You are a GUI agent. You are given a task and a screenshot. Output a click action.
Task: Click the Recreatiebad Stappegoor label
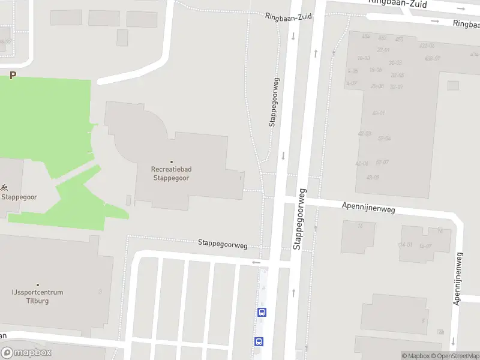click(x=171, y=173)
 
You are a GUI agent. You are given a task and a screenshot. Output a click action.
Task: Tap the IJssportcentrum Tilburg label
click(x=38, y=296)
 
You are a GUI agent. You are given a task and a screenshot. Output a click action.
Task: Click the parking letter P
click(x=12, y=76)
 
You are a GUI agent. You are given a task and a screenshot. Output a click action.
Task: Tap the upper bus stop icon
click(x=262, y=312)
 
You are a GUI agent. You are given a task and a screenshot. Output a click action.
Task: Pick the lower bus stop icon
click(x=259, y=341)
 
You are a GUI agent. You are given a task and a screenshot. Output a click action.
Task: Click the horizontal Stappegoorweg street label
click(x=223, y=244)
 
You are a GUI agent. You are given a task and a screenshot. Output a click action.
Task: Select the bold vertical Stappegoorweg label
click(x=299, y=219)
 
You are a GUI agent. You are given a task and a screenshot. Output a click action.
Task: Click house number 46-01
click(x=378, y=113)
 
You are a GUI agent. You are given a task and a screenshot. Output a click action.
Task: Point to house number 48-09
click(x=373, y=177)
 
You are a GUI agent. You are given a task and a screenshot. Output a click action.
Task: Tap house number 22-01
click(x=383, y=50)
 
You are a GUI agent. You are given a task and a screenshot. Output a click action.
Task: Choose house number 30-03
click(x=395, y=62)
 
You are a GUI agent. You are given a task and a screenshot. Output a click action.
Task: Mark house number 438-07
click(x=432, y=58)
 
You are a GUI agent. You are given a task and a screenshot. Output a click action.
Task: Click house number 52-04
click(x=384, y=138)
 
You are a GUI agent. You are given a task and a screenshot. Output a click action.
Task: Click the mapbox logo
click(x=26, y=353)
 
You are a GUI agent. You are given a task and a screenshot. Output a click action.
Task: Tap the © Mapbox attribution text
click(x=416, y=356)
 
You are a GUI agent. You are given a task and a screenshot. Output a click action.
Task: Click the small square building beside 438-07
click(x=453, y=85)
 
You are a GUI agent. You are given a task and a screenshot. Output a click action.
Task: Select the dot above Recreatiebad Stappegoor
click(x=172, y=162)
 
